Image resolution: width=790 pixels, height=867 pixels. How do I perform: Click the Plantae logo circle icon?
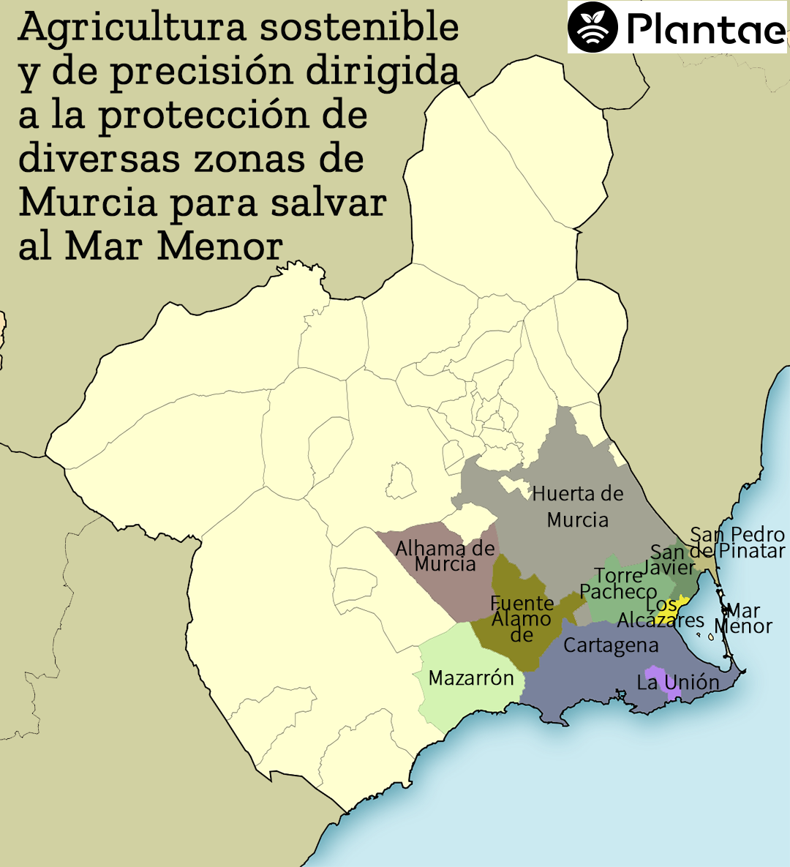(x=593, y=27)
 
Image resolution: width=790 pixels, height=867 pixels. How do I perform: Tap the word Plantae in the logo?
(x=705, y=29)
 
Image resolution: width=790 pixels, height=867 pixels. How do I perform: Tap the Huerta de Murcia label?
(x=578, y=506)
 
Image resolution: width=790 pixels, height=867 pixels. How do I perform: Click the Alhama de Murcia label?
(x=445, y=556)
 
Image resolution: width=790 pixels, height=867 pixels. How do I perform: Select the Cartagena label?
(x=611, y=645)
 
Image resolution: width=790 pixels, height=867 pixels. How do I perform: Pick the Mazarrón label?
(x=471, y=678)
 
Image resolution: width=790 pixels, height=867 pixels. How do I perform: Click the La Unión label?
(x=678, y=683)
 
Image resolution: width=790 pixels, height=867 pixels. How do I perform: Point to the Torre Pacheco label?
(x=618, y=583)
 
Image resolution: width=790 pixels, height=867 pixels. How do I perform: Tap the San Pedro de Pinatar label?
(x=737, y=542)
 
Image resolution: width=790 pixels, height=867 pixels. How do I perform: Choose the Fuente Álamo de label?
(x=522, y=619)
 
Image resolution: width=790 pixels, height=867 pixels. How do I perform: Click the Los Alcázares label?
(x=661, y=613)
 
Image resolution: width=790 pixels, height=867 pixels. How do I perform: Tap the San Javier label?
(x=671, y=560)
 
